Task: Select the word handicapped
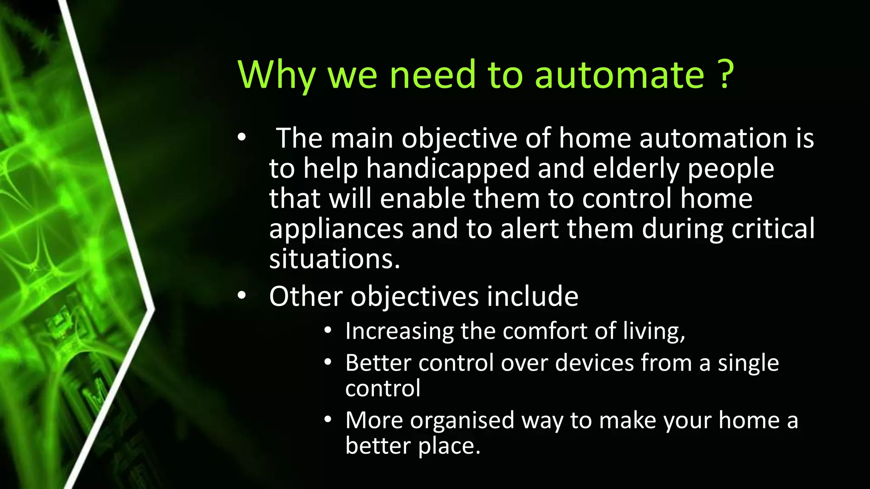(x=448, y=169)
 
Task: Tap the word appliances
(x=336, y=229)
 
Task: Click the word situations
(x=335, y=259)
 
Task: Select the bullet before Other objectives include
(x=242, y=296)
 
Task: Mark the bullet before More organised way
(x=327, y=420)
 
